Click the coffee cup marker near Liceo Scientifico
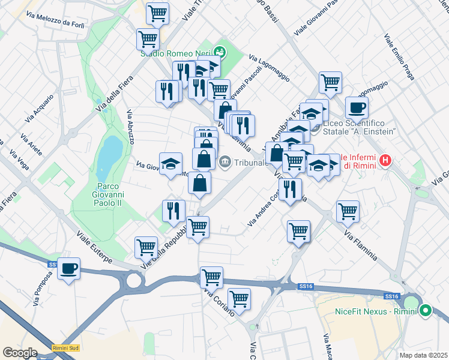(x=356, y=107)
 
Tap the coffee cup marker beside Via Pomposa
(x=68, y=268)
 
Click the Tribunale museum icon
(x=225, y=161)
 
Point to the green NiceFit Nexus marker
(x=426, y=311)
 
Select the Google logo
(x=20, y=352)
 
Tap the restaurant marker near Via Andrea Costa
(x=290, y=190)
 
